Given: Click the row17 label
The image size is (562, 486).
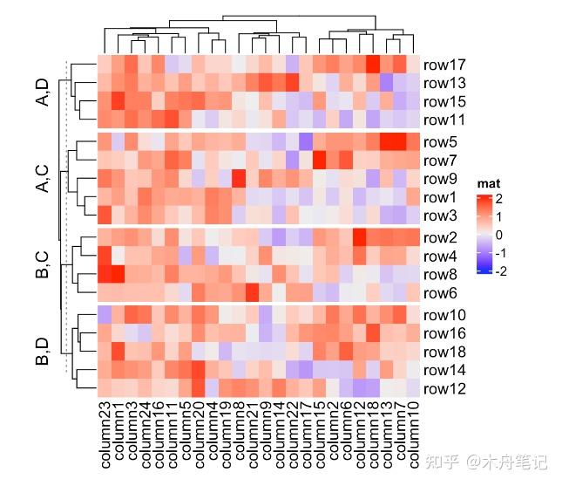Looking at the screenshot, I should (444, 65).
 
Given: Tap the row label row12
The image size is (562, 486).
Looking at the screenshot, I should (444, 388).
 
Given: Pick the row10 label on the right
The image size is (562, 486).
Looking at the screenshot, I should (444, 315).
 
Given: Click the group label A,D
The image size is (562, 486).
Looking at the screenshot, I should (42, 92).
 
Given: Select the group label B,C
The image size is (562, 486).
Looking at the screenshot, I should (42, 265).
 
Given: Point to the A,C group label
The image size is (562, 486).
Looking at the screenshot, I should (42, 178).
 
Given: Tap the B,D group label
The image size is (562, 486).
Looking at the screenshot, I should (42, 352).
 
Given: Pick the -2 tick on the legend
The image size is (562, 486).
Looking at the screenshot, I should (500, 270).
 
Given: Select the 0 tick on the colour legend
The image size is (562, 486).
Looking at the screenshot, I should (500, 235).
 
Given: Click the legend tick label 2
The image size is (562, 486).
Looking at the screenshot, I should (500, 199).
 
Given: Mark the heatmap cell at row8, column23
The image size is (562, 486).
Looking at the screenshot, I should (105, 275).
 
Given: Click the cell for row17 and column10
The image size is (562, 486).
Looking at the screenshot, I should (413, 65).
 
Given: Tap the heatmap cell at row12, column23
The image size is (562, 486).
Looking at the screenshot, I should (105, 388).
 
